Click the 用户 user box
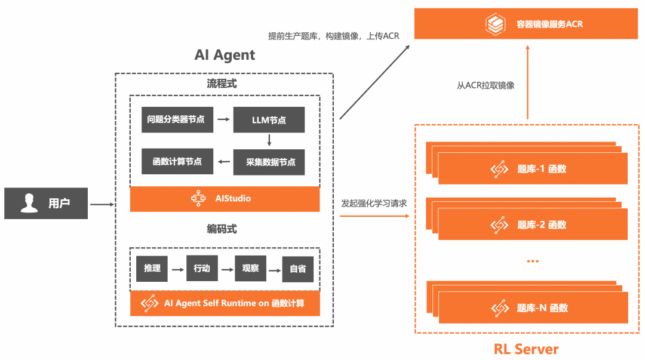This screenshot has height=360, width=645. pos(46,203)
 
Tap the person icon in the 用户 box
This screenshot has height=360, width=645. pos(29,203)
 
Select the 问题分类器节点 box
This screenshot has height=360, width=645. pos(176,119)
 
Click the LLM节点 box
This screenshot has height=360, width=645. pos(269,120)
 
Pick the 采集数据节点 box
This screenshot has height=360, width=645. pos(269,162)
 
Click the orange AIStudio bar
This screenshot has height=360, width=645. pos(225,198)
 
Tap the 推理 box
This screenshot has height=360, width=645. pos(152,269)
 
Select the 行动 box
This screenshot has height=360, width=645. pos(202,269)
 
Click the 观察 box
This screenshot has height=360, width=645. pos(250,269)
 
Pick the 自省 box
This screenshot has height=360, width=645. pos(297,269)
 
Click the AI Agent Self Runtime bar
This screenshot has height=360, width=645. pos(225,303)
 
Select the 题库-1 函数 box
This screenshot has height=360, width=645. pos(533,169)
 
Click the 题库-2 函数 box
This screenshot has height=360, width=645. pos(533,225)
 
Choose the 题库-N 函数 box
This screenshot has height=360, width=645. pos(533,308)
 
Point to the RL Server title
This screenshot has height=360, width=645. pos(526,349)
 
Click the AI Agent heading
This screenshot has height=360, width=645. pos(225,55)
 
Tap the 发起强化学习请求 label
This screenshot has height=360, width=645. pos(374,203)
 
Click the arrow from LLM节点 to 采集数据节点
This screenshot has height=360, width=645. pos(269,141)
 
